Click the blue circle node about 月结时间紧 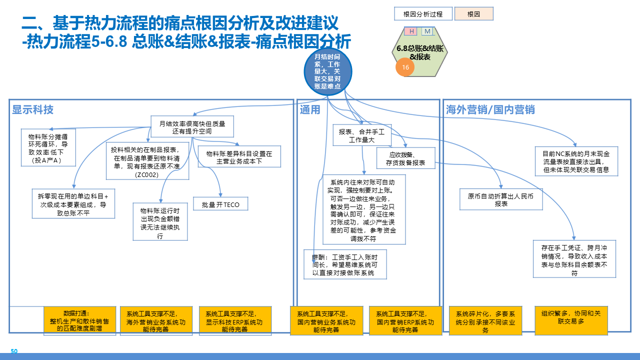pyautogui.click(x=327, y=71)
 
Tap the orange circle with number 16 pyautogui.click(x=405, y=67)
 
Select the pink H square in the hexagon pyautogui.click(x=411, y=31)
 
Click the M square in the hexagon pyautogui.click(x=427, y=31)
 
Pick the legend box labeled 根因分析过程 pyautogui.click(x=423, y=14)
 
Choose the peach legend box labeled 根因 pyautogui.click(x=473, y=14)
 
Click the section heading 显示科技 pyautogui.click(x=33, y=110)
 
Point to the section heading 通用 pyautogui.click(x=310, y=110)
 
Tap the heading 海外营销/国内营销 pyautogui.click(x=490, y=110)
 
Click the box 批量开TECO pyautogui.click(x=220, y=204)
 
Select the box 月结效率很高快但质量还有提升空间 pyautogui.click(x=192, y=127)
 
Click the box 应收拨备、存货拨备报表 pyautogui.click(x=405, y=158)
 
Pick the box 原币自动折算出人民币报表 pyautogui.click(x=501, y=199)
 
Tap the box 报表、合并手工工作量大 pyautogui.click(x=361, y=135)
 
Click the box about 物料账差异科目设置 pyautogui.click(x=239, y=157)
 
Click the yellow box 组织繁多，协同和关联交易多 pyautogui.click(x=571, y=320)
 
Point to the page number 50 pyautogui.click(x=14, y=351)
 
